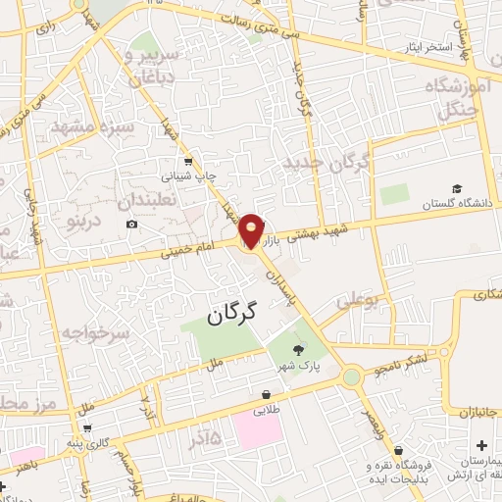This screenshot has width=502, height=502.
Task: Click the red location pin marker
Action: (x=252, y=230)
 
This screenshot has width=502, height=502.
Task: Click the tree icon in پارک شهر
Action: (x=298, y=348)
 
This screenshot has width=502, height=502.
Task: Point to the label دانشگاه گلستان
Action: (x=454, y=204)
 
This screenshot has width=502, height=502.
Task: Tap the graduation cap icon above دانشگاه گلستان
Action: (x=456, y=189)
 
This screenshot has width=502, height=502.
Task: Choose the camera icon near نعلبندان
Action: (x=132, y=225)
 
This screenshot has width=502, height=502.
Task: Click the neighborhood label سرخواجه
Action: (x=95, y=333)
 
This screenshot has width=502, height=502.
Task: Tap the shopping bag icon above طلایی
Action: (x=266, y=394)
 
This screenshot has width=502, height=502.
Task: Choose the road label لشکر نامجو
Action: (x=399, y=365)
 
